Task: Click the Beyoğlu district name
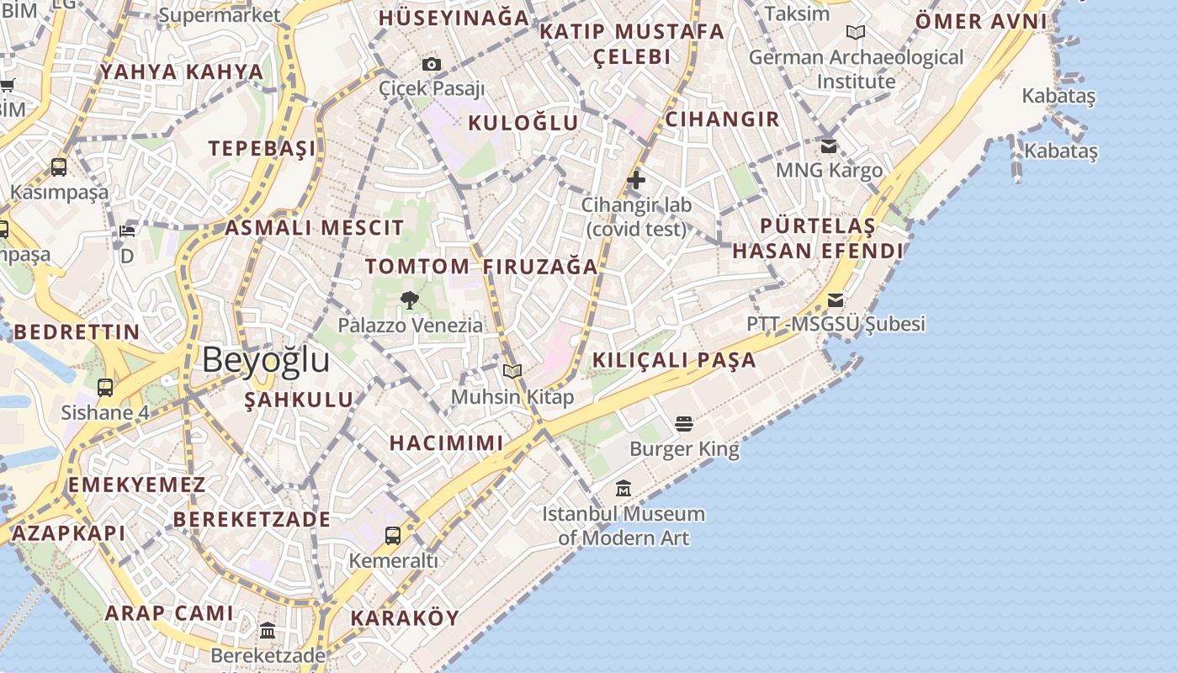(266, 360)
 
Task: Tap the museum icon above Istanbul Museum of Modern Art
(623, 488)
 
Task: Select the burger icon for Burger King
(684, 423)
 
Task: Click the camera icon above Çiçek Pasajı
(432, 64)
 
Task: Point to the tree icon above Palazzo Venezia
(410, 300)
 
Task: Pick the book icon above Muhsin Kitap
(512, 371)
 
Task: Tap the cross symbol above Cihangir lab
(636, 179)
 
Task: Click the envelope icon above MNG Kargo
(829, 146)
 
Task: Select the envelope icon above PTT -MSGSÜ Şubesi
(836, 299)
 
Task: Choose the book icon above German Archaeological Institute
(856, 33)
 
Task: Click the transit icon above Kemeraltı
(393, 535)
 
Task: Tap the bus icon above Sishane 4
(105, 388)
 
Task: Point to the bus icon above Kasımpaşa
(59, 167)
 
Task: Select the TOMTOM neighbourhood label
(417, 267)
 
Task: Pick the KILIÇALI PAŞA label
(674, 360)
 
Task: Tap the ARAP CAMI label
(169, 613)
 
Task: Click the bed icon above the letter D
(127, 231)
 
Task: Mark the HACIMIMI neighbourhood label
(446, 442)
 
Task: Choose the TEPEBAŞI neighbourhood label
(263, 149)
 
